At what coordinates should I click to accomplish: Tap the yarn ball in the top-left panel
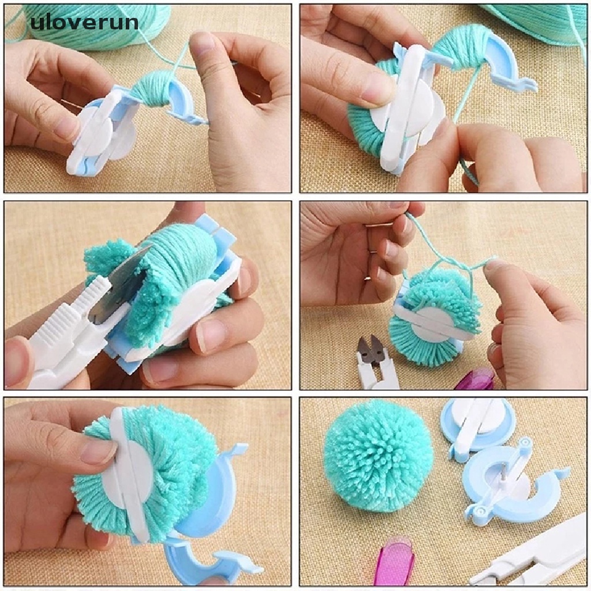[x=98, y=26]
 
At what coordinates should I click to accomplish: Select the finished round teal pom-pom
[x=378, y=455]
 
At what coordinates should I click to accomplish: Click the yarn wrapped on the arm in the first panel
[x=154, y=93]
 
